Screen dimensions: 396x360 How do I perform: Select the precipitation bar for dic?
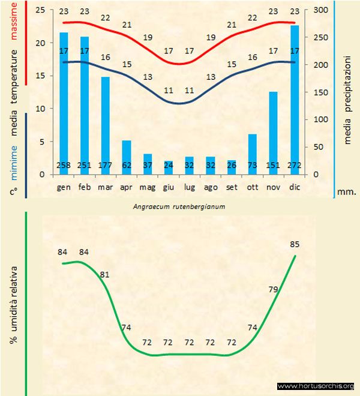tap(295, 100)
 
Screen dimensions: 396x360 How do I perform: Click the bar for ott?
tap(253, 154)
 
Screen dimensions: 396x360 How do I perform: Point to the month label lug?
tap(189, 187)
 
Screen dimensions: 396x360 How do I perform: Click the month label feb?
tap(85, 187)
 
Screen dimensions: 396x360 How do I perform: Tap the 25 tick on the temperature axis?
tap(40, 10)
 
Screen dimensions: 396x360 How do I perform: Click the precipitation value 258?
tap(64, 166)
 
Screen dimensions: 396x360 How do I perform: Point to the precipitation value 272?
tap(295, 166)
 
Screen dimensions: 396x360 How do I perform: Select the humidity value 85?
tap(294, 244)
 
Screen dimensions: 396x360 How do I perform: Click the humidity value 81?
tap(104, 274)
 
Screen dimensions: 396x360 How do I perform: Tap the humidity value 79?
tap(273, 289)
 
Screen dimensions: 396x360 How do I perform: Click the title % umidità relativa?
tap(13, 304)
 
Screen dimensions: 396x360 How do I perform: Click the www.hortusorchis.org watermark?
tap(316, 386)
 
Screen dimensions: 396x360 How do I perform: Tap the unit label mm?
tap(347, 192)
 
